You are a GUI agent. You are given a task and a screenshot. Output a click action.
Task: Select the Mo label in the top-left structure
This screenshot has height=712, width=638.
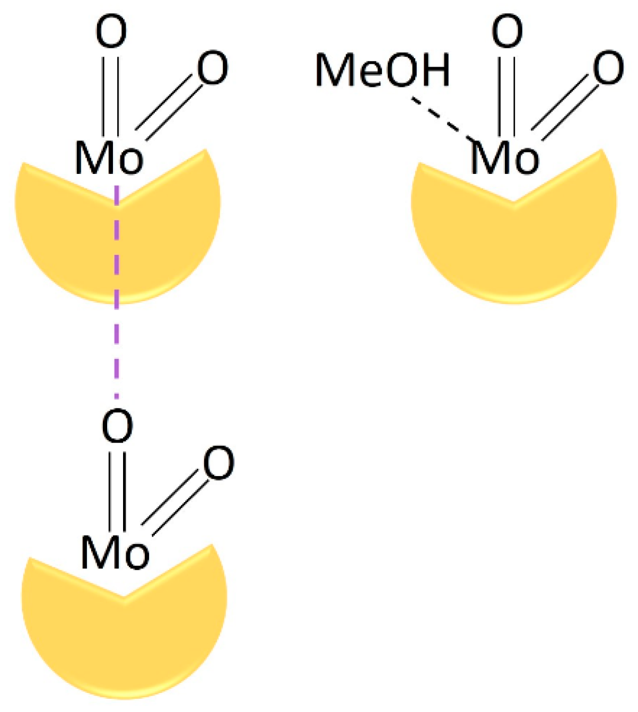tap(109, 157)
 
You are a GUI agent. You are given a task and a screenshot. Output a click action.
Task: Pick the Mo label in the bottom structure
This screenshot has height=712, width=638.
tap(115, 552)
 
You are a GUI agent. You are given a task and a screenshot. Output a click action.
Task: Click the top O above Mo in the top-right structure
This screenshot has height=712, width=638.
tap(508, 32)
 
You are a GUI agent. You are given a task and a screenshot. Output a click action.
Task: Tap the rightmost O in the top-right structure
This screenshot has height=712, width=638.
tap(608, 69)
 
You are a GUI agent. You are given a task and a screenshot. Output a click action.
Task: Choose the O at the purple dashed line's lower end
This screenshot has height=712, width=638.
tap(117, 426)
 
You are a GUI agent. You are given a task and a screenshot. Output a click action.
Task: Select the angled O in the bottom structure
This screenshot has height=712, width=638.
tap(219, 464)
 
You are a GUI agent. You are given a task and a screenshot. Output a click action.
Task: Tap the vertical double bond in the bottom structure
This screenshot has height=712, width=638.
tap(117, 489)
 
